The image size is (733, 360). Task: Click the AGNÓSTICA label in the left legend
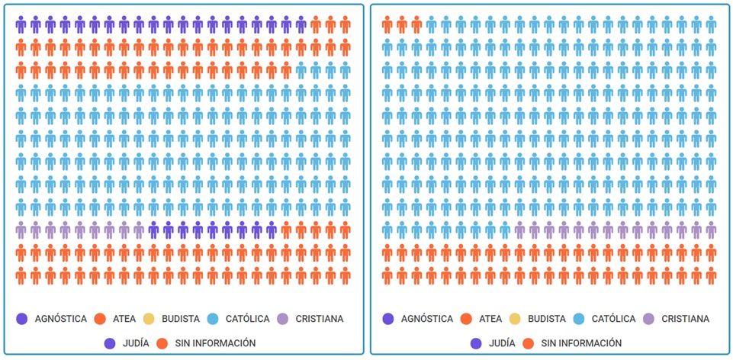pos(60,319)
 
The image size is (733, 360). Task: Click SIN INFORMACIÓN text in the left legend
pos(214,343)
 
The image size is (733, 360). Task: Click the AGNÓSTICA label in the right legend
pos(426,319)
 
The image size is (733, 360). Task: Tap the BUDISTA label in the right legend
pos(547,319)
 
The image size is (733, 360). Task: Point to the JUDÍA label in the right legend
pos(503,343)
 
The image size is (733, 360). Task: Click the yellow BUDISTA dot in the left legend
pos(149,319)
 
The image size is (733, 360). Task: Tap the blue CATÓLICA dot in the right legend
pos(580,319)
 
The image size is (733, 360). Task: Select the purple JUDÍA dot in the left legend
pos(110,343)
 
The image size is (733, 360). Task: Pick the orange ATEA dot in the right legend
pos(466,319)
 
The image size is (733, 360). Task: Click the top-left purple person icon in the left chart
pos(21,25)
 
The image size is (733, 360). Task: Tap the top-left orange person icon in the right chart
pos(387,25)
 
